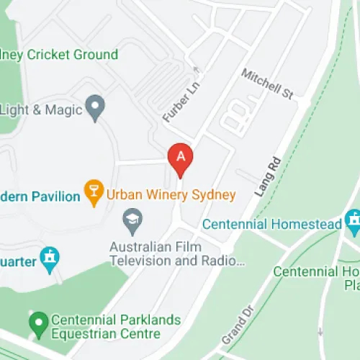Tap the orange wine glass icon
pos(94,192)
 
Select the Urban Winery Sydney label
pos(171,195)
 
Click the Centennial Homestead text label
pos(272,225)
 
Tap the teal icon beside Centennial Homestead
pos(353,219)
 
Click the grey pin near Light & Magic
pos(94,108)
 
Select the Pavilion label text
pos(39,196)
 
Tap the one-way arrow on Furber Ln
pos(195,70)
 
